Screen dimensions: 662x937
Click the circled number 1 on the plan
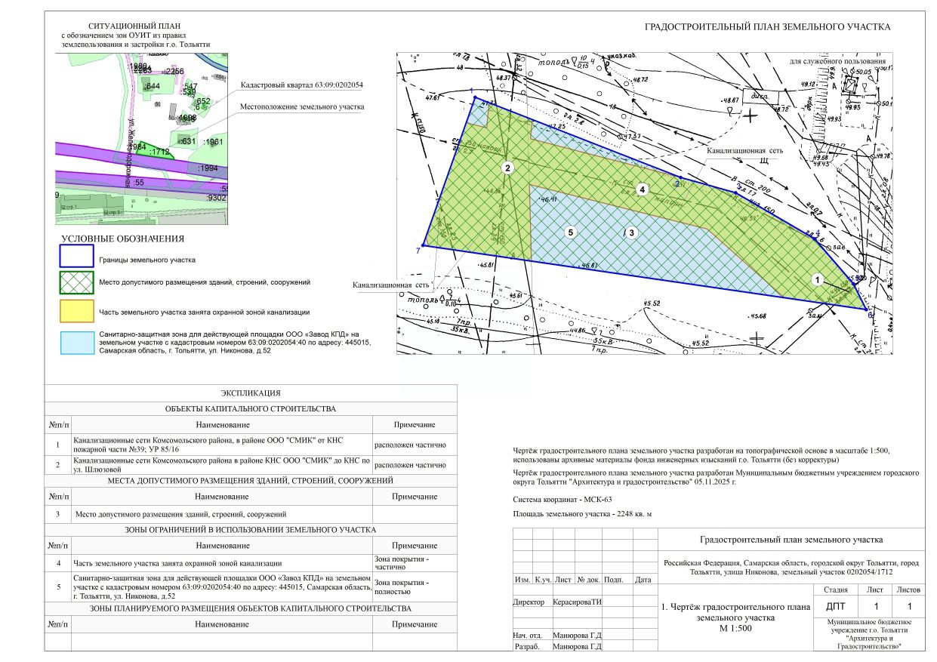point(816,279)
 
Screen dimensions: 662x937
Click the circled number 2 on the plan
point(508,168)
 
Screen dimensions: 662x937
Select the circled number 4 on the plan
point(642,189)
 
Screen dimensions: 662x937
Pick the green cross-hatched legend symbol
point(76,282)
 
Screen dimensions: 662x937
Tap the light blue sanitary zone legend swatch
point(76,341)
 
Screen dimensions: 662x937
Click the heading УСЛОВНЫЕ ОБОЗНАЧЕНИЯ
point(122,239)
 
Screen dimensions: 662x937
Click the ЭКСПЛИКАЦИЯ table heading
point(251,393)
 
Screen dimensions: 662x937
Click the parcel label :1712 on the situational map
point(159,152)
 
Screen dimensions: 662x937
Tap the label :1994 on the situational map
point(207,168)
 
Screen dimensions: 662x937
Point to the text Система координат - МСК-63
point(562,499)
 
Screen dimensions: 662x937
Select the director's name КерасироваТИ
point(578,602)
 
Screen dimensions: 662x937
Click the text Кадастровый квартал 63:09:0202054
point(302,85)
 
